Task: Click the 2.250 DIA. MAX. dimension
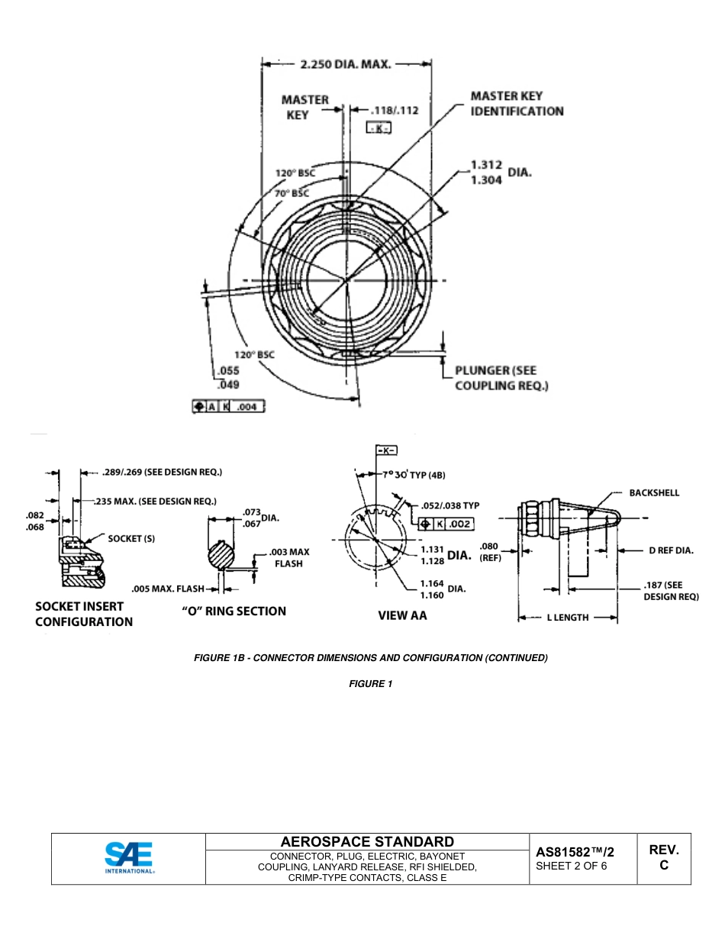[x=346, y=65]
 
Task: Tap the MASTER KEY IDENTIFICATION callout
[x=517, y=103]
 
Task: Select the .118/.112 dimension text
[x=394, y=110]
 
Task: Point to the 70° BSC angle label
[x=292, y=193]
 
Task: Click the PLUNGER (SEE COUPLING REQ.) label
[x=501, y=378]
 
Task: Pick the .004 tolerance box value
[x=246, y=407]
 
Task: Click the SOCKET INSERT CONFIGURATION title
[x=84, y=614]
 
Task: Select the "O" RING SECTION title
[x=234, y=611]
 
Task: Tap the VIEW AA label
[x=402, y=615]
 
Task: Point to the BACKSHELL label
[x=654, y=493]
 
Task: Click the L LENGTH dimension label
[x=568, y=617]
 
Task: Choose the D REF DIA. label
[x=671, y=550]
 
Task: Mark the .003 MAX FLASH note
[x=288, y=557]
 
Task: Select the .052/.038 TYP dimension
[x=449, y=505]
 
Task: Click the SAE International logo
[x=129, y=858]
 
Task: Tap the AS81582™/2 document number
[x=575, y=852]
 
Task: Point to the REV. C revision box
[x=663, y=857]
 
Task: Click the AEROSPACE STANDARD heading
[x=367, y=841]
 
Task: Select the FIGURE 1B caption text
[x=371, y=657]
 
